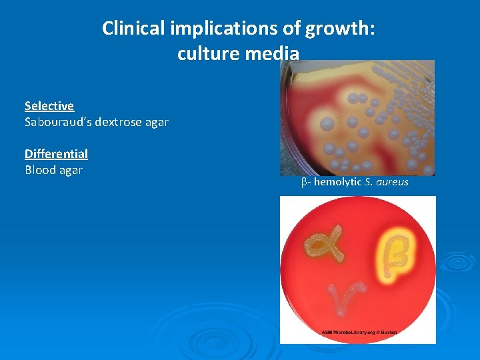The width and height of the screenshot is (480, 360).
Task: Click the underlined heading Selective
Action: pyautogui.click(x=49, y=106)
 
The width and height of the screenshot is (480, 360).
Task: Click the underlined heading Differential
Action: pyautogui.click(x=56, y=154)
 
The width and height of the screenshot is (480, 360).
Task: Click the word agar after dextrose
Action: pyautogui.click(x=156, y=122)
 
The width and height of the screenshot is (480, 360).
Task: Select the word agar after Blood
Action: pyautogui.click(x=70, y=170)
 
